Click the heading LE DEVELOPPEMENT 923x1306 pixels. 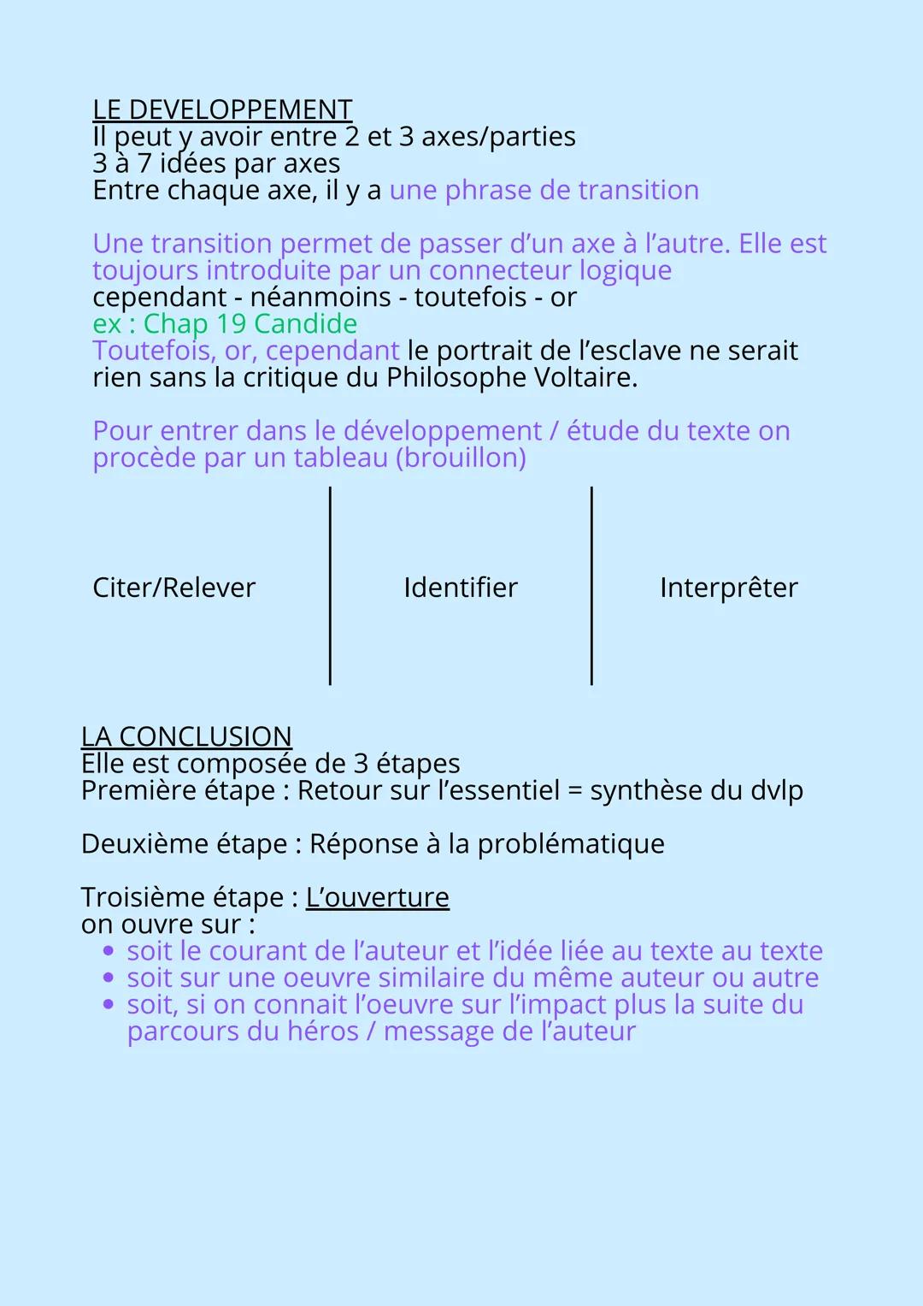pos(222,109)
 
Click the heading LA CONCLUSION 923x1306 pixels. pos(186,736)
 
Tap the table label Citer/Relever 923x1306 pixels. pos(173,588)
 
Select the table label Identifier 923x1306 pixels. pos(461,588)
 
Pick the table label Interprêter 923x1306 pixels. pos(728,588)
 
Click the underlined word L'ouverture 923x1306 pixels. pos(377,897)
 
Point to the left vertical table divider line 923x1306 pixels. pos(330,586)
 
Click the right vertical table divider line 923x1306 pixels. pos(591,586)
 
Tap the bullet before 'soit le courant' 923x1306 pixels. pos(108,951)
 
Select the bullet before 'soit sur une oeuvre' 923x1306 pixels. pos(108,978)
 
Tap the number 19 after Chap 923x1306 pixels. pos(231,323)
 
